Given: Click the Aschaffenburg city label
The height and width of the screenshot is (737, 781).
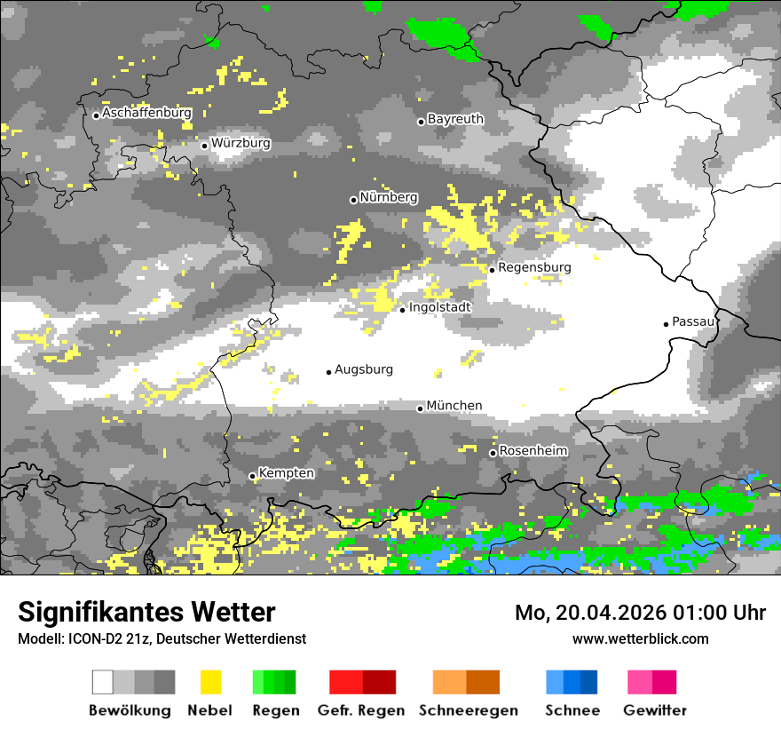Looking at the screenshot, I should (x=146, y=114).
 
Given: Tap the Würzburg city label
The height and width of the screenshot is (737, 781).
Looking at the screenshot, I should (x=241, y=143).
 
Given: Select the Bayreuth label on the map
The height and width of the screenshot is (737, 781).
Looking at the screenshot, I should (x=455, y=119).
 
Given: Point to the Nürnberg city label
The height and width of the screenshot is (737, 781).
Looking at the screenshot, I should (x=388, y=198).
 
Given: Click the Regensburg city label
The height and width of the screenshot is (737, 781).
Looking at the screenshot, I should (x=534, y=267).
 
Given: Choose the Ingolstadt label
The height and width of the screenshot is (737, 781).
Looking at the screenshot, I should (x=439, y=307).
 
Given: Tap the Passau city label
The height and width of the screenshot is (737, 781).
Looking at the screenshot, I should (x=693, y=321).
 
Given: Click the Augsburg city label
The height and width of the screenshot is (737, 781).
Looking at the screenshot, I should (x=363, y=369).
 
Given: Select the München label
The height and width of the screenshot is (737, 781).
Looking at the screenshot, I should (x=454, y=406).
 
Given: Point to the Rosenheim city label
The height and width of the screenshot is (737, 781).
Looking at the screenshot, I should (x=532, y=451).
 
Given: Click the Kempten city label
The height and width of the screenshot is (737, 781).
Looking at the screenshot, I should (x=286, y=473).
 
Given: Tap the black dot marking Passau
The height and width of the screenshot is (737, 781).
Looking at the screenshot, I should (x=666, y=324).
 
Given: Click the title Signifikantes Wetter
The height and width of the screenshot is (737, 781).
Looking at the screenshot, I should (x=146, y=612).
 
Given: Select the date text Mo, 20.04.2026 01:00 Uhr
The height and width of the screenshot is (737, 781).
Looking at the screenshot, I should (x=640, y=613).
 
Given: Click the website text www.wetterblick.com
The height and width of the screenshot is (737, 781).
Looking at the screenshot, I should (x=640, y=638).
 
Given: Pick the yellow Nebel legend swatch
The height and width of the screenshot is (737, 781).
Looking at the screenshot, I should (x=210, y=682).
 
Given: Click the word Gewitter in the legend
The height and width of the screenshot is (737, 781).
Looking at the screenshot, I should (x=654, y=710).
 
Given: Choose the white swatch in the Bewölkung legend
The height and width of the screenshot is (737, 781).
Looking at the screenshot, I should (x=102, y=682).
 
